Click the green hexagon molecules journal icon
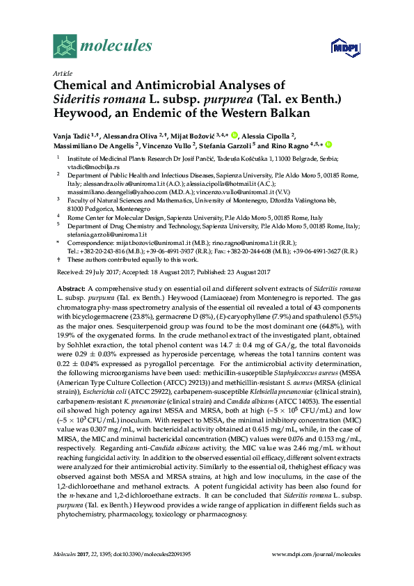coord(64,46)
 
